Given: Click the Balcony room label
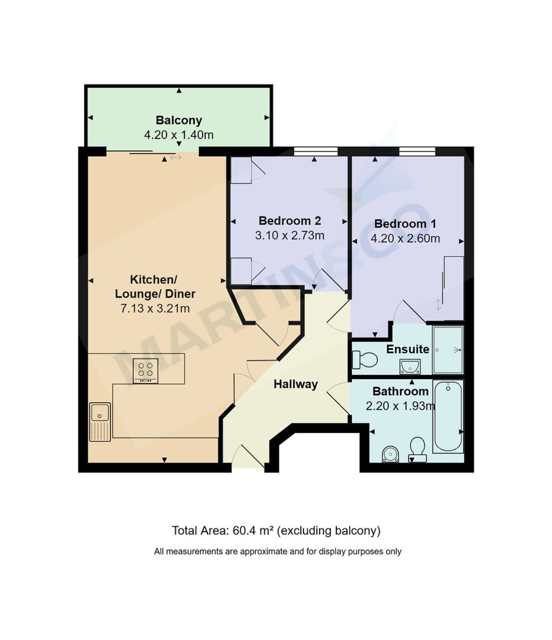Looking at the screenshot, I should coord(179,120).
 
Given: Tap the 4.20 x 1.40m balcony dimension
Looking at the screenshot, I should coord(179,135).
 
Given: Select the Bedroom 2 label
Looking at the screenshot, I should coord(290,220).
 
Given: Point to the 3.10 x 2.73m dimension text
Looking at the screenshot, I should coord(290,235).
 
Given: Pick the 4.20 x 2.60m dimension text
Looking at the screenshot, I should coord(405,238).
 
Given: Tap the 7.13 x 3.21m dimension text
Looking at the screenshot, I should coord(155,308).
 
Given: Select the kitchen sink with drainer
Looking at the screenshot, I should coord(100,421).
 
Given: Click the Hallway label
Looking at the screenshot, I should coord(295,384).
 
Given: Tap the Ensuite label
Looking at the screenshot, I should coord(407,349).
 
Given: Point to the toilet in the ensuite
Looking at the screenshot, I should coord(365,359).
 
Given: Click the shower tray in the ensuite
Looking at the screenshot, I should coord(447,350).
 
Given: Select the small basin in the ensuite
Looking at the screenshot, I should coord(409,366).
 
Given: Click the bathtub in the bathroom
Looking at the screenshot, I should coord(448,417).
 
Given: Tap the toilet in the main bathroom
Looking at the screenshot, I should coord(417,448).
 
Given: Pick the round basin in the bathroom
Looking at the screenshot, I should coord(391,454).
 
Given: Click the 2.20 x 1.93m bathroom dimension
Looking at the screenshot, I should coord(400,406).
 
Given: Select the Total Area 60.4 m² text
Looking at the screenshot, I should coord(276,531).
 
